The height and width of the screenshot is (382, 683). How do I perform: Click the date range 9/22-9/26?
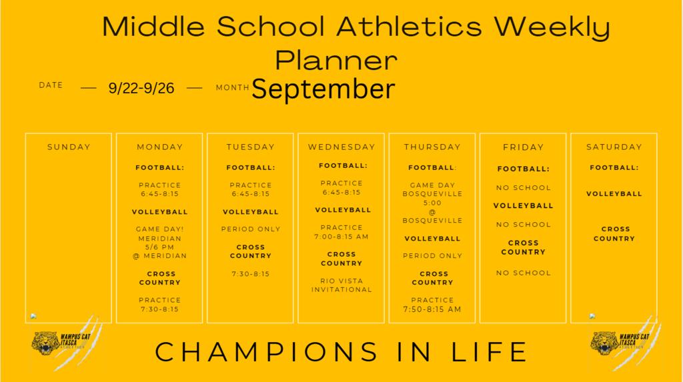coord(141,89)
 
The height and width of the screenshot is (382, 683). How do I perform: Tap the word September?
coord(323,89)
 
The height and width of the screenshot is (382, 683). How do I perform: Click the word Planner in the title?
coord(336,60)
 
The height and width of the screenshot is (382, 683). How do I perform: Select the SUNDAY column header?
coord(69,147)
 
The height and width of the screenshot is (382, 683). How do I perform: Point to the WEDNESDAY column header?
coord(341,147)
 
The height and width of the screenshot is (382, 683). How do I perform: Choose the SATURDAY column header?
coord(614,147)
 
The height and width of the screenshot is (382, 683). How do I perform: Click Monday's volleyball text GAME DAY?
coord(160,229)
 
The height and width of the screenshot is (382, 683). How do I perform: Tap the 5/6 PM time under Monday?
coord(160,247)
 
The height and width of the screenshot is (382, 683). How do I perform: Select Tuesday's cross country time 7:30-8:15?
coord(251,274)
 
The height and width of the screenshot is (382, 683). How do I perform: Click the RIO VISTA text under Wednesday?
coord(341,281)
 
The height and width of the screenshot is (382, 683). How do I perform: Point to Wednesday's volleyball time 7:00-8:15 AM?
coord(341,237)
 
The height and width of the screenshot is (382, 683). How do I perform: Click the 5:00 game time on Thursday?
coord(432,203)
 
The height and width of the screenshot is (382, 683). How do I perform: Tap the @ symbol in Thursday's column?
coord(432,212)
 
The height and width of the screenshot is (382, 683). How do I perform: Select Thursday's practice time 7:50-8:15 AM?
coord(432,309)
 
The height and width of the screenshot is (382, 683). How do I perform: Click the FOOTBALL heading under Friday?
coord(524,169)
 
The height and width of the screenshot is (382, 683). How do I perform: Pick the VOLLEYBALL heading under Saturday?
coord(614,194)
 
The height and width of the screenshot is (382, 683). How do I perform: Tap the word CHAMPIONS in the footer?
coord(267,352)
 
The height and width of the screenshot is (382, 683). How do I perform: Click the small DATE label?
coord(51,85)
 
